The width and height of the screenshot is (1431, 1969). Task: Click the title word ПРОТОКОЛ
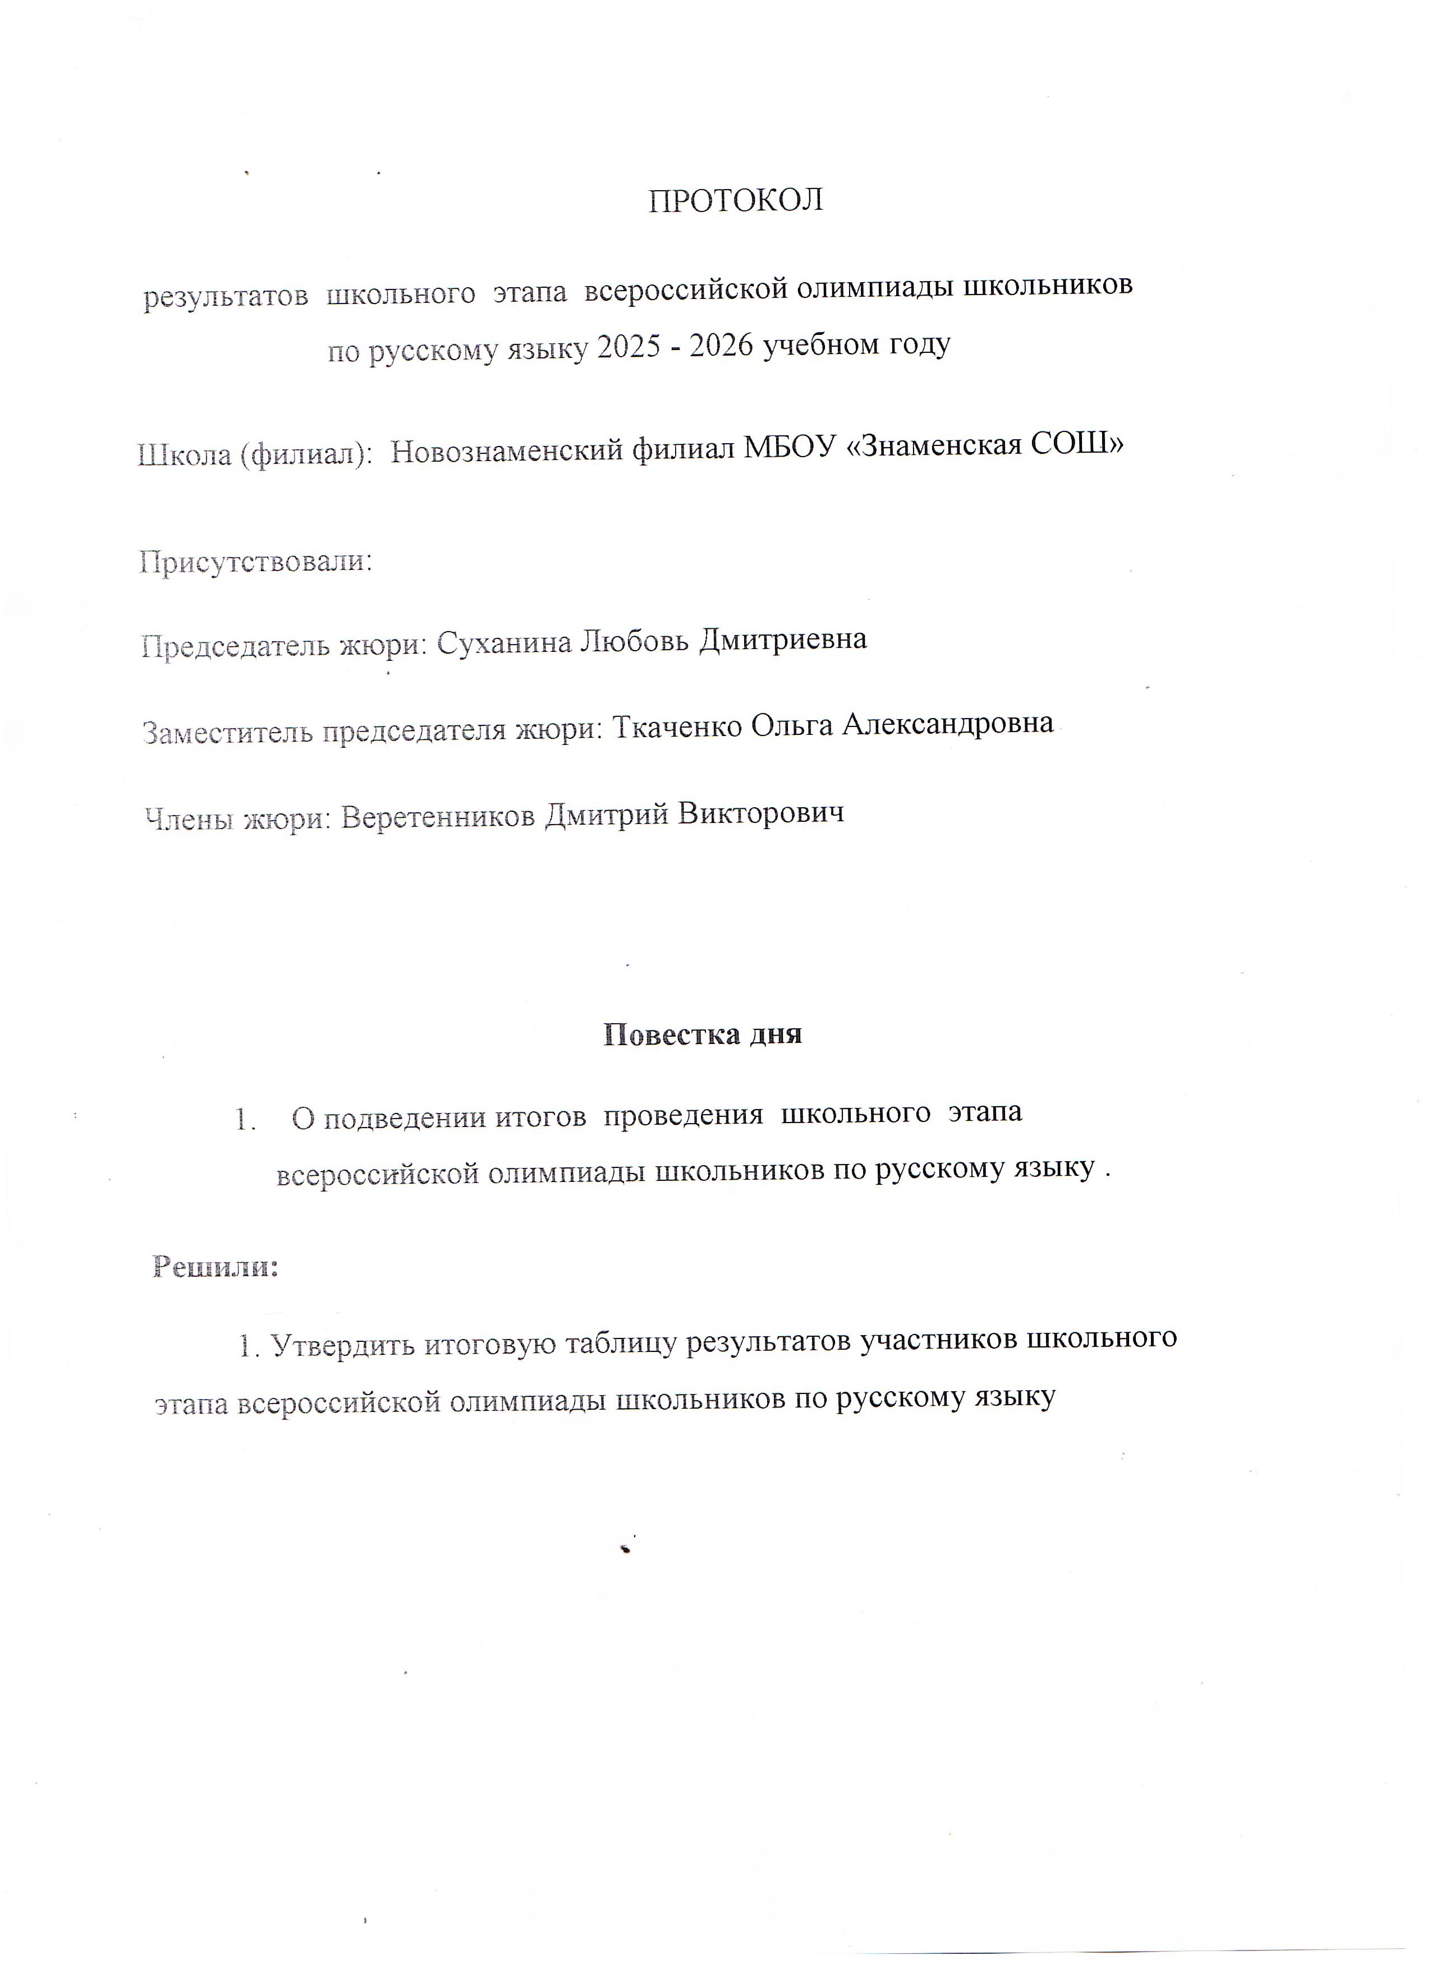(x=736, y=201)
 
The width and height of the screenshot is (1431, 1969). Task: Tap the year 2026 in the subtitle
(x=724, y=346)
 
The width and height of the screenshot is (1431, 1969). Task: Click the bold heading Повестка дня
(x=701, y=1034)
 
